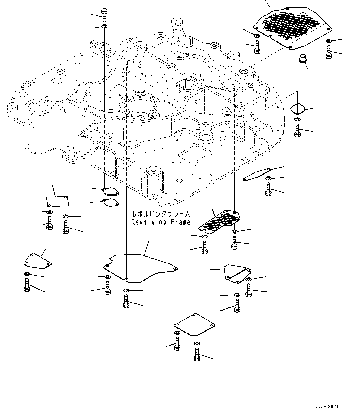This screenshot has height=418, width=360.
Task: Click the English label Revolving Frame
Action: (161, 222)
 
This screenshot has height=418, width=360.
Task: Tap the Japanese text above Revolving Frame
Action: (161, 214)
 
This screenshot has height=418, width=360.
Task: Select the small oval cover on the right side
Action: (298, 108)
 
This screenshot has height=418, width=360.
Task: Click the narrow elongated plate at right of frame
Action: (257, 174)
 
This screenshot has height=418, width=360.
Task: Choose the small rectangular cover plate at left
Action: (58, 201)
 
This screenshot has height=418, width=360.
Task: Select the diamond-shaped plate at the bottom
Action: (194, 324)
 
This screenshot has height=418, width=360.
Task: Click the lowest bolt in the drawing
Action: (197, 354)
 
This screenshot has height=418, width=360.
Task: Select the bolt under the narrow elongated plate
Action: (268, 189)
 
